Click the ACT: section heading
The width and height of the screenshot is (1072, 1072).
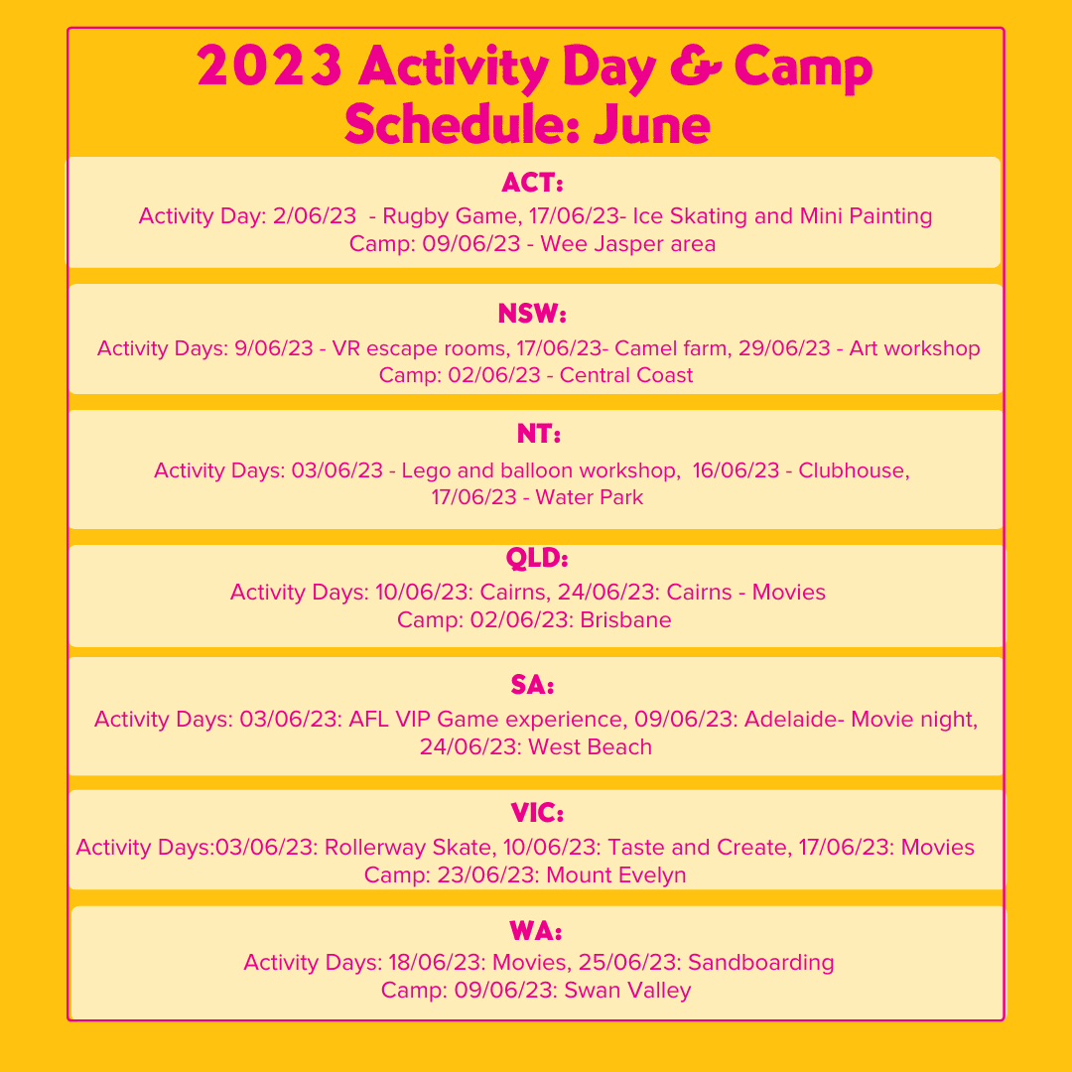(x=533, y=185)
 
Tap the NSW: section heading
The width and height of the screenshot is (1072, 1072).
(x=533, y=316)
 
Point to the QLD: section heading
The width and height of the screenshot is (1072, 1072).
(x=536, y=559)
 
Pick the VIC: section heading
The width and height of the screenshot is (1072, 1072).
(x=537, y=815)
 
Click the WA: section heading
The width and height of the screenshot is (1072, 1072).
(x=536, y=932)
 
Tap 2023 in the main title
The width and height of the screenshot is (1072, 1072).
(x=270, y=67)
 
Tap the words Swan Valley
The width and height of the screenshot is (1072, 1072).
(x=627, y=991)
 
